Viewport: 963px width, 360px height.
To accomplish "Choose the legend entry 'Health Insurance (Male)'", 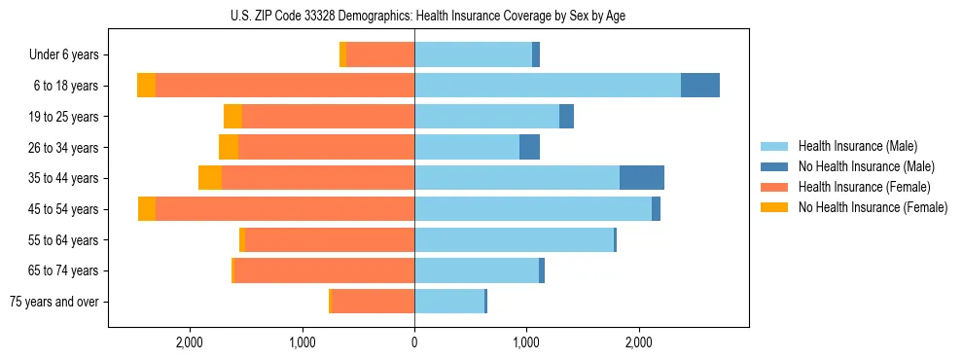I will click(857, 146).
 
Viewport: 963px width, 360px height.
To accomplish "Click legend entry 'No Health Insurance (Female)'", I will click(873, 207).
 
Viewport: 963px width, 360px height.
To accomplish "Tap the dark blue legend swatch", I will click(775, 166).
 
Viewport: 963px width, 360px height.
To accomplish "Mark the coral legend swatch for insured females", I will click(775, 187).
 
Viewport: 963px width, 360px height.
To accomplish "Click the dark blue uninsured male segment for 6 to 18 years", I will click(699, 86).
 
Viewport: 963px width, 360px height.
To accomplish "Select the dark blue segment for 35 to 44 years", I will click(641, 178).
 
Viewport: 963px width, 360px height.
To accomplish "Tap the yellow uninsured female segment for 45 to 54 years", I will click(147, 209).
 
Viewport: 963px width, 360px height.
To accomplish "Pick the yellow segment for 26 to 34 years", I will click(229, 147).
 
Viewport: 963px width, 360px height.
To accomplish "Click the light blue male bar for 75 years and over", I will click(448, 302).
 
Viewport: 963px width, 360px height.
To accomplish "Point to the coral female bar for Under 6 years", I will click(380, 55).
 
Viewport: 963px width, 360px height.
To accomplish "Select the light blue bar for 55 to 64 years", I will click(514, 239).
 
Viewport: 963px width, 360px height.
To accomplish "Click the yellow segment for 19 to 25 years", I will click(232, 117).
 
